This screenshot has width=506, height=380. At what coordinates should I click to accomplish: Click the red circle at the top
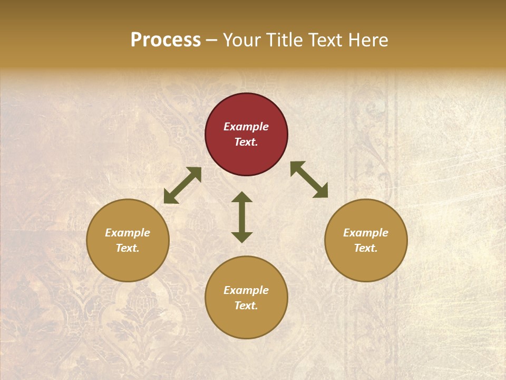[x=246, y=134]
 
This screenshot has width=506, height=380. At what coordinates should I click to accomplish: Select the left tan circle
[x=128, y=240]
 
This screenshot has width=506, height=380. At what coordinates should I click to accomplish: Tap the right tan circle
[x=366, y=240]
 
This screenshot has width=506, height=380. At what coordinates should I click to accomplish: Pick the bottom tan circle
[x=246, y=298]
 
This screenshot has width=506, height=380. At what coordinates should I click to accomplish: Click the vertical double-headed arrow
[x=242, y=217]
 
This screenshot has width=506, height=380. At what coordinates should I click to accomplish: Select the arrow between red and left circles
[x=182, y=185]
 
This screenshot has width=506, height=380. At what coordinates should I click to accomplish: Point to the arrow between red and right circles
[x=309, y=179]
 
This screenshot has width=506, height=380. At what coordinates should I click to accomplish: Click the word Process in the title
[x=166, y=40]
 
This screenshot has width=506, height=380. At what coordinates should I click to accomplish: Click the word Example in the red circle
[x=246, y=127]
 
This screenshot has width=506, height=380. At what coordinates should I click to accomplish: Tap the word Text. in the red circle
[x=246, y=142]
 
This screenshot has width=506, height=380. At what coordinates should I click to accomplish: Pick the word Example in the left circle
[x=128, y=233]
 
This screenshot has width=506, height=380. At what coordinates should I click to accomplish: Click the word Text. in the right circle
[x=366, y=248]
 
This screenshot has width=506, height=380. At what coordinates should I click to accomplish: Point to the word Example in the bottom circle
[x=246, y=290]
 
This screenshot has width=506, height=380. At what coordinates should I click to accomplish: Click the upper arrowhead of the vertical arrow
[x=242, y=197]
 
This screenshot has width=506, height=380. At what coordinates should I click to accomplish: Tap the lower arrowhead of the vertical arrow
[x=242, y=237]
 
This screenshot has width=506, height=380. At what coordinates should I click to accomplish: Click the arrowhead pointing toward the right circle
[x=321, y=192]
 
